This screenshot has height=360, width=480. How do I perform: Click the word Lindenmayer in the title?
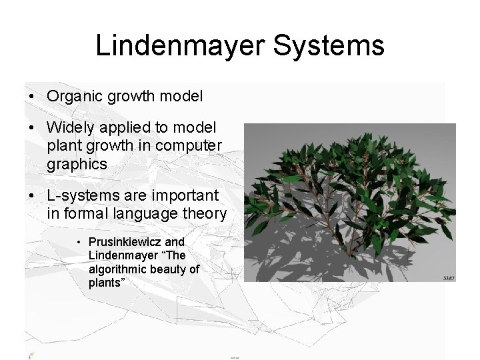click(181, 45)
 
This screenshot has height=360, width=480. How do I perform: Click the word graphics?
click(77, 164)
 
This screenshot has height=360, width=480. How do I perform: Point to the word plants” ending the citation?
click(105, 283)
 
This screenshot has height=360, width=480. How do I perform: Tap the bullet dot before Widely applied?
click(31, 128)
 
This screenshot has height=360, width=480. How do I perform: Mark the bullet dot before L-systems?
click(31, 197)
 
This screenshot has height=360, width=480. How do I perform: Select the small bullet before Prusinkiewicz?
click(78, 242)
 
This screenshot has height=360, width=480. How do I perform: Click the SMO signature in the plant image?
click(449, 277)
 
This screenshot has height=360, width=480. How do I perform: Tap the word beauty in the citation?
click(169, 269)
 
